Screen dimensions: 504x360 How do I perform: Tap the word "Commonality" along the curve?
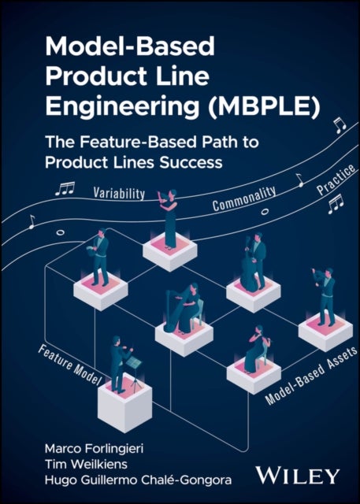coord(245,198)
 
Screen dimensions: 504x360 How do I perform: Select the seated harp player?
coord(184,306)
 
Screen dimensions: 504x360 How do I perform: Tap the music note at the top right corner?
coord(339,124)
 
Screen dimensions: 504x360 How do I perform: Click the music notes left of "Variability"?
coord(65,189)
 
